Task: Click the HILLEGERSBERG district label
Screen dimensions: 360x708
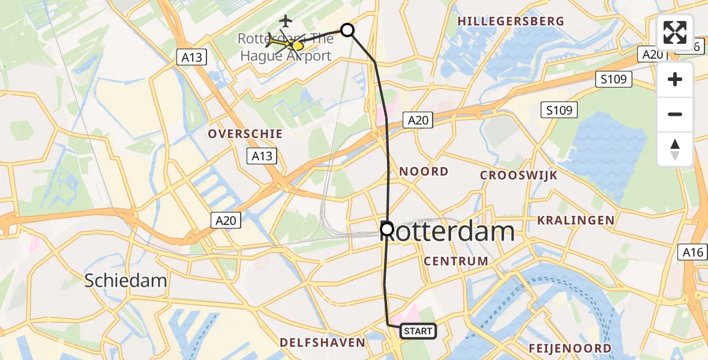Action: (x=511, y=22)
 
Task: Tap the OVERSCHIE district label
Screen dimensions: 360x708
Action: (x=245, y=134)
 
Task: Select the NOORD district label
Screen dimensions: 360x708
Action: (x=424, y=172)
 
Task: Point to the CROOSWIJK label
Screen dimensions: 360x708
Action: (x=519, y=175)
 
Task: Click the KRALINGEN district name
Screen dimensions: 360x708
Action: (x=575, y=220)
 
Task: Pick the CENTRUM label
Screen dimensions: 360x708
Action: (x=456, y=261)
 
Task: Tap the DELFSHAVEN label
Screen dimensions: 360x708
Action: (x=322, y=343)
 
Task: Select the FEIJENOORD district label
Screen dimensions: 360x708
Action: (x=570, y=348)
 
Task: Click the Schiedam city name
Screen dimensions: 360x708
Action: (x=125, y=280)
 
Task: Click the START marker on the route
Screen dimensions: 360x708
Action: (x=418, y=331)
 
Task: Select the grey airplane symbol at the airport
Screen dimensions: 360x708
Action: (x=286, y=20)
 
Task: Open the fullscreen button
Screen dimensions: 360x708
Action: (x=675, y=33)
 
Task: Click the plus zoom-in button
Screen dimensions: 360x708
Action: (x=675, y=80)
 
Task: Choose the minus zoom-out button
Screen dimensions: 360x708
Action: (x=675, y=114)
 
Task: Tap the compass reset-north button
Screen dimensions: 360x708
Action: (x=675, y=149)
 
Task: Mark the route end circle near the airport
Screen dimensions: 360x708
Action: (x=347, y=29)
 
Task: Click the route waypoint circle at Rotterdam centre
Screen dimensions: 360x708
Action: (x=387, y=229)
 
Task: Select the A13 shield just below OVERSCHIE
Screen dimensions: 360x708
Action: (x=262, y=157)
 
